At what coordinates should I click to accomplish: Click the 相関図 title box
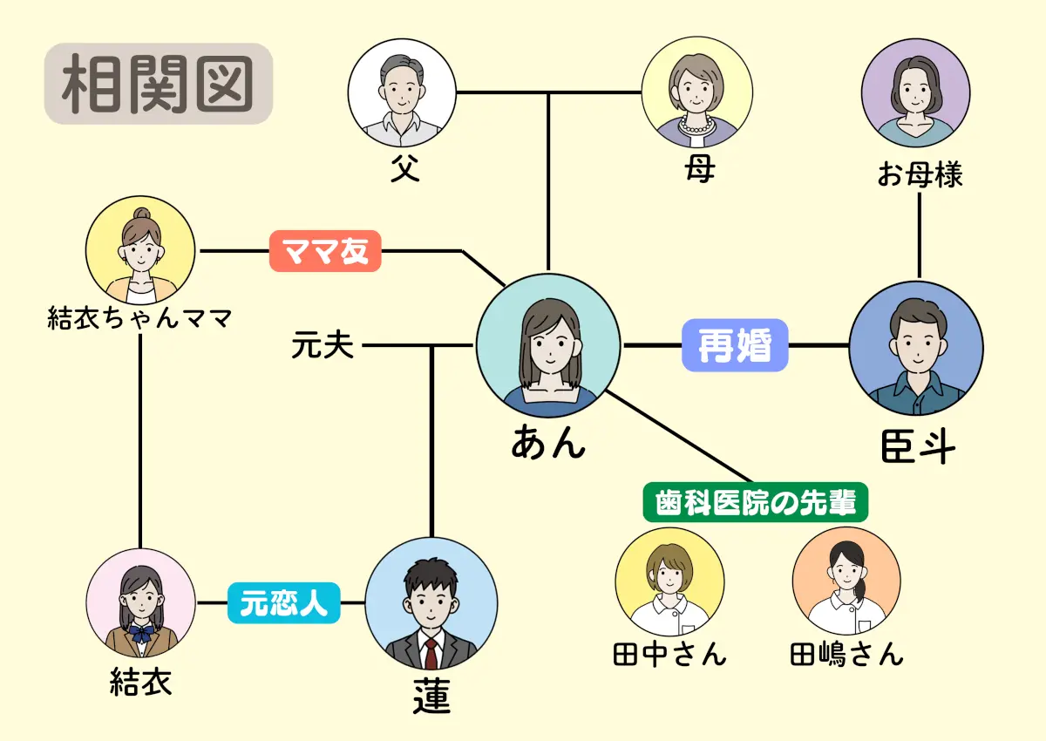(158, 84)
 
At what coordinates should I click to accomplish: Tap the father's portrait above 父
(402, 92)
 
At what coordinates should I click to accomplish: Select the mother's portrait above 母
(696, 92)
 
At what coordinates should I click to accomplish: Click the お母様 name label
(920, 174)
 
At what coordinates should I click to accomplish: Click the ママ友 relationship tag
(325, 251)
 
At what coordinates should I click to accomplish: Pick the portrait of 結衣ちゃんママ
(141, 250)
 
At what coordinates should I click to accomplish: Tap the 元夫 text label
(323, 347)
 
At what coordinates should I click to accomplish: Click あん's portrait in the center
(548, 346)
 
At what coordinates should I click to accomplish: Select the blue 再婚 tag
(735, 345)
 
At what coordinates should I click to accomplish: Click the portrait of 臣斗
(915, 348)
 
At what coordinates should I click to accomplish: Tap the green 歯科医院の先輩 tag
(755, 501)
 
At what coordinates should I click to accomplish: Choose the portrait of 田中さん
(669, 582)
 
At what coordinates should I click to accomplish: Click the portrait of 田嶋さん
(846, 581)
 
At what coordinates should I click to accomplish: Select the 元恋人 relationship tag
(283, 602)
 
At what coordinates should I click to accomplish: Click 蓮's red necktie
(431, 653)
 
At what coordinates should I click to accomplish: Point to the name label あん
(547, 443)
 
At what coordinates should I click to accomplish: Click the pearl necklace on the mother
(696, 126)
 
